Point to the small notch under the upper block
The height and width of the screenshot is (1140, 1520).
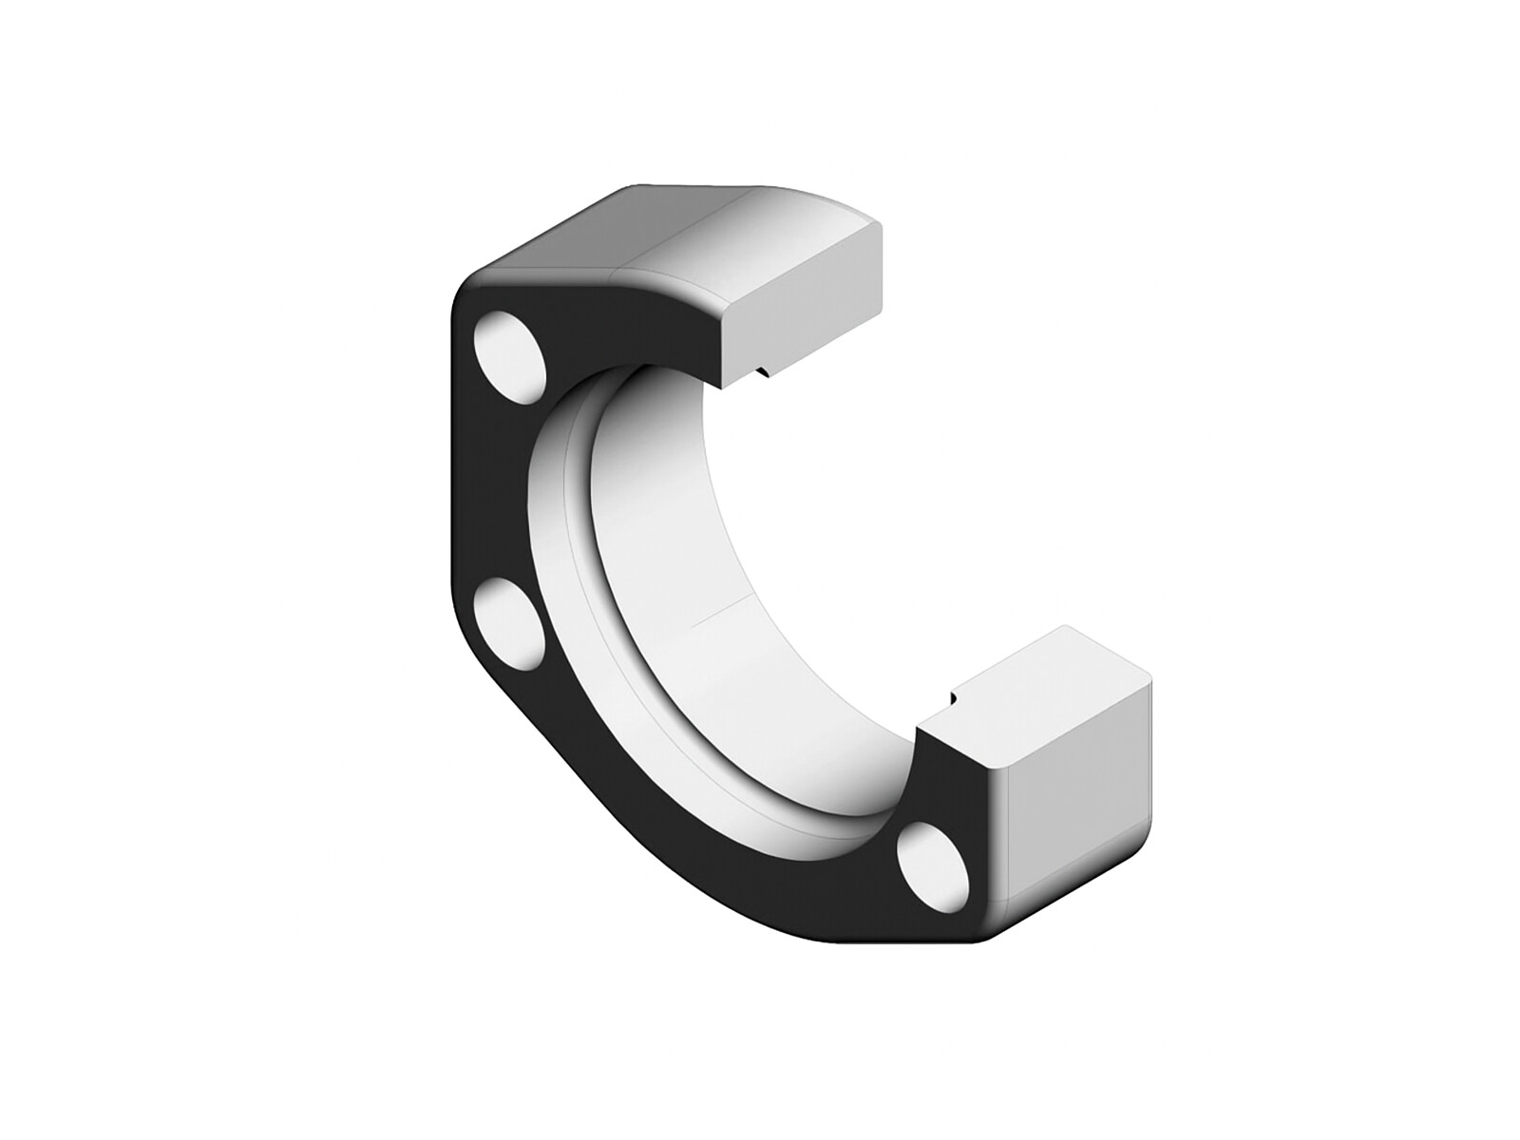point(763,371)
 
